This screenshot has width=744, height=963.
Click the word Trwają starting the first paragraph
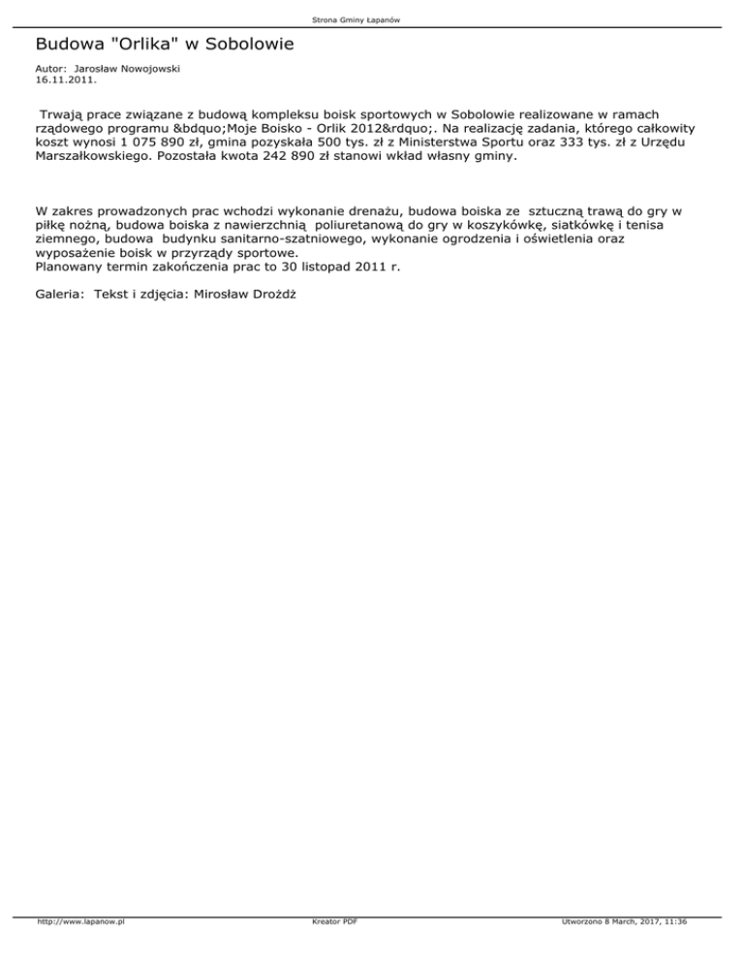click(x=63, y=114)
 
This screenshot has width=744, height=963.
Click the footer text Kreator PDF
click(x=330, y=948)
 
